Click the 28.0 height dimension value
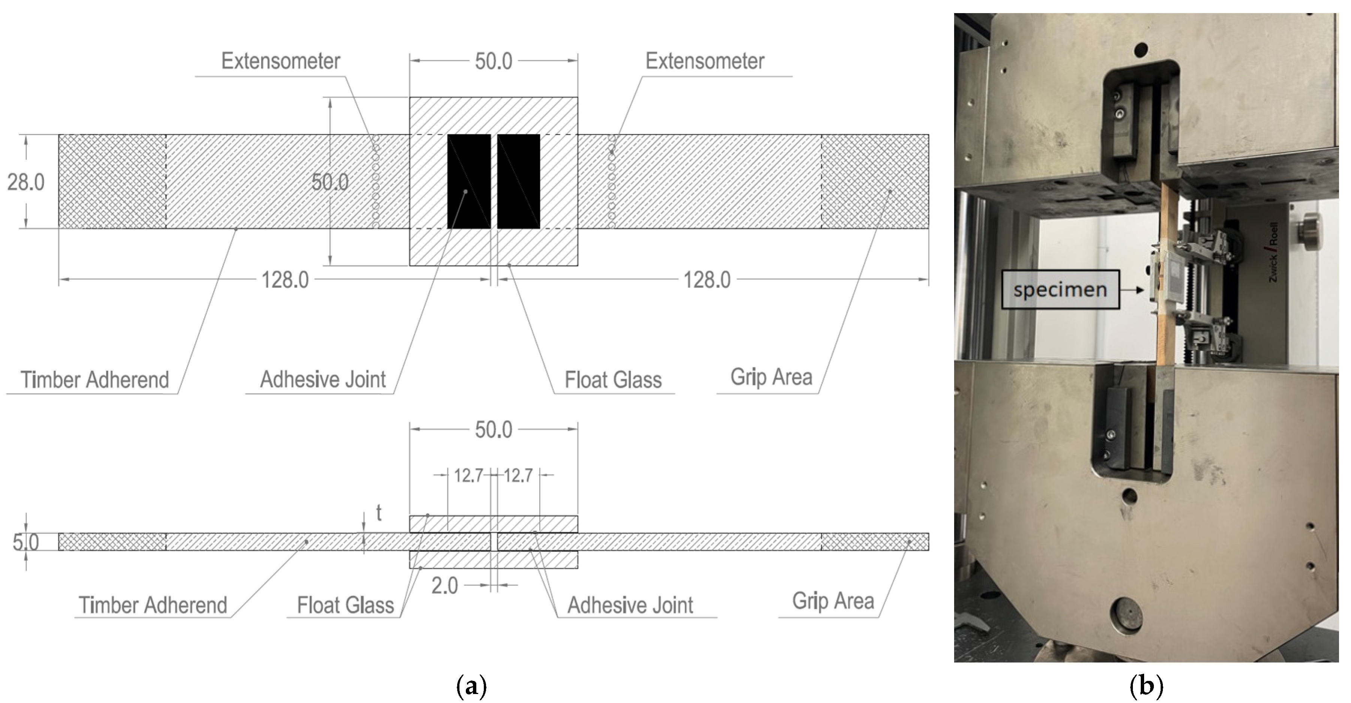coord(25,182)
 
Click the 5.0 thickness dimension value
coord(25,542)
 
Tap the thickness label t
coord(379,513)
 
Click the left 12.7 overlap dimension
coord(468,476)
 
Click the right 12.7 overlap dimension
coord(518,476)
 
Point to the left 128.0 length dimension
coord(285,280)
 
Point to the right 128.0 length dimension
coord(706,280)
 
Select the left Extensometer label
coord(281,61)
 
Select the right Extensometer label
coord(704,61)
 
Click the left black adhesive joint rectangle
coord(469,181)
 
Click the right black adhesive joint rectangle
coord(519,181)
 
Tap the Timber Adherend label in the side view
coord(153,605)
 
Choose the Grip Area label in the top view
coord(771,377)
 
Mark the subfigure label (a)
coord(471,687)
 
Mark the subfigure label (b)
coord(1146,687)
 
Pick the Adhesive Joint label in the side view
coord(630,605)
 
